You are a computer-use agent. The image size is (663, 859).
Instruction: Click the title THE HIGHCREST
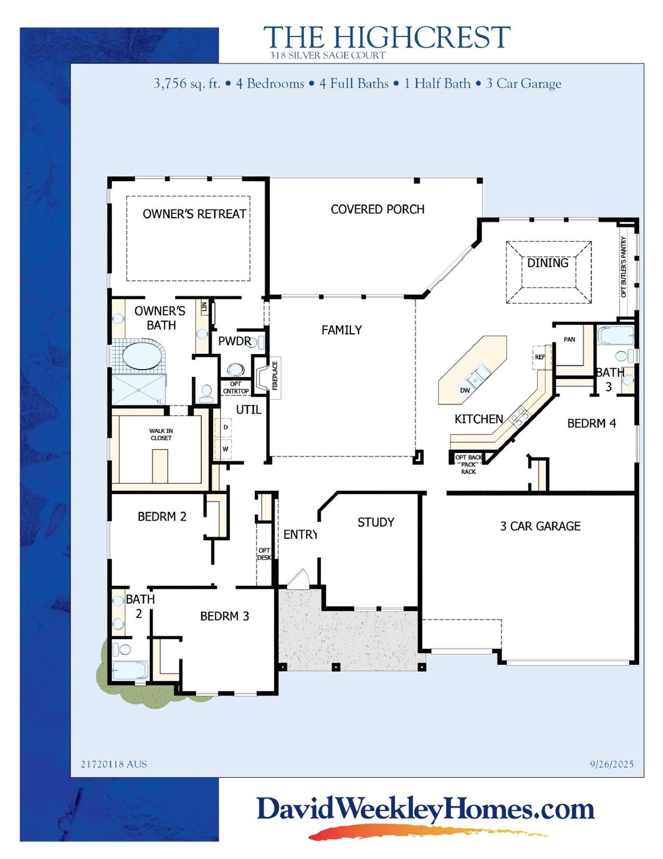386,37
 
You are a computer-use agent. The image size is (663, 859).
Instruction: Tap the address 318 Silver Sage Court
328,55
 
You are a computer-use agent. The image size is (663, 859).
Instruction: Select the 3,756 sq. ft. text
187,84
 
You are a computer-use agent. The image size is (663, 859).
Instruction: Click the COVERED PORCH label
377,209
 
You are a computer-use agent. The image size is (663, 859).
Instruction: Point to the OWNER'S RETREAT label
194,214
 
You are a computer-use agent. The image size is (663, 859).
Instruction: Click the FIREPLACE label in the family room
275,376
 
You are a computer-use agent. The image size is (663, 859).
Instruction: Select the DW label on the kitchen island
465,390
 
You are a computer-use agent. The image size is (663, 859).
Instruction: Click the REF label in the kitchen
539,357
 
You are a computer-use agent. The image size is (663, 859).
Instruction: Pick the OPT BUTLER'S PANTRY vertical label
624,267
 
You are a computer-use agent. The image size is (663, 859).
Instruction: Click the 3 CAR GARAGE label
540,526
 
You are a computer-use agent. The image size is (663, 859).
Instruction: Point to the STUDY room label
376,522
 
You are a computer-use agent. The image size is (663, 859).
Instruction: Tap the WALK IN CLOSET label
161,435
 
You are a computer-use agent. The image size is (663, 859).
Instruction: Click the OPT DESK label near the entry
264,554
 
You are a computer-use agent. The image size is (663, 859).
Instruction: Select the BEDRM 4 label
591,423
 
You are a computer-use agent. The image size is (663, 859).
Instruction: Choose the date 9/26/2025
612,764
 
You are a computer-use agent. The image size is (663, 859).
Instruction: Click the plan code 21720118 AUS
114,764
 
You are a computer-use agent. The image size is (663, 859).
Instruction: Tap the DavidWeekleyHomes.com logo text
425,809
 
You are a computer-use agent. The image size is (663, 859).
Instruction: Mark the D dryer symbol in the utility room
226,427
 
